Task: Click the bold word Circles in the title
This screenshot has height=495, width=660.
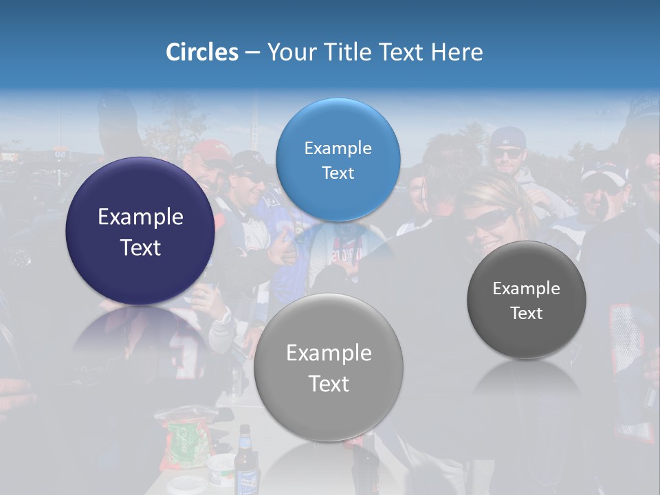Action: click(201, 52)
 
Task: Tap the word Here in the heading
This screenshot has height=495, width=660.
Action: click(456, 52)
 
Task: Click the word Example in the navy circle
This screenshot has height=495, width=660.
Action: click(140, 217)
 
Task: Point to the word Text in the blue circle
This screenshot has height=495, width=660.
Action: click(338, 173)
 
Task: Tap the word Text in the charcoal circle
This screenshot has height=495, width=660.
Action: click(527, 313)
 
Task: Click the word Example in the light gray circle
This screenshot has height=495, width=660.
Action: click(329, 353)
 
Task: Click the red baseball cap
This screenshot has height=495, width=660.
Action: click(210, 149)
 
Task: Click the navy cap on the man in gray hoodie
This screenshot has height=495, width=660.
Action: click(508, 137)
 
